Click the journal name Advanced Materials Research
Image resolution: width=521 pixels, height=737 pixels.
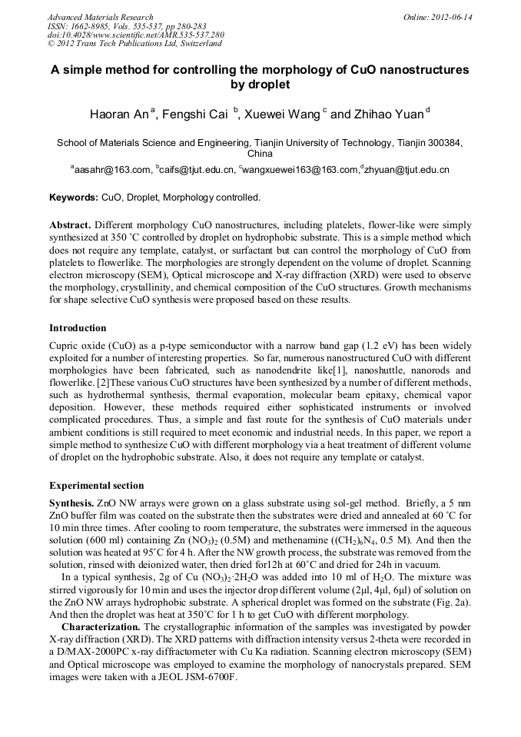pos(100,17)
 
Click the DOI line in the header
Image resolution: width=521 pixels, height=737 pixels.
pos(136,35)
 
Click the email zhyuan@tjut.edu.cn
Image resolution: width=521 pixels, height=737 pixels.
pos(407,169)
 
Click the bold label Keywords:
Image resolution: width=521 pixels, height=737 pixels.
pos(74,198)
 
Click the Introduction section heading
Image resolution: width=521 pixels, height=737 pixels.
pos(78,328)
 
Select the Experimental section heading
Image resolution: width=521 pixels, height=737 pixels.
pos(96,486)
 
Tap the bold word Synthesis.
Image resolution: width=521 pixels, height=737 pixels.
pos(71,501)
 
